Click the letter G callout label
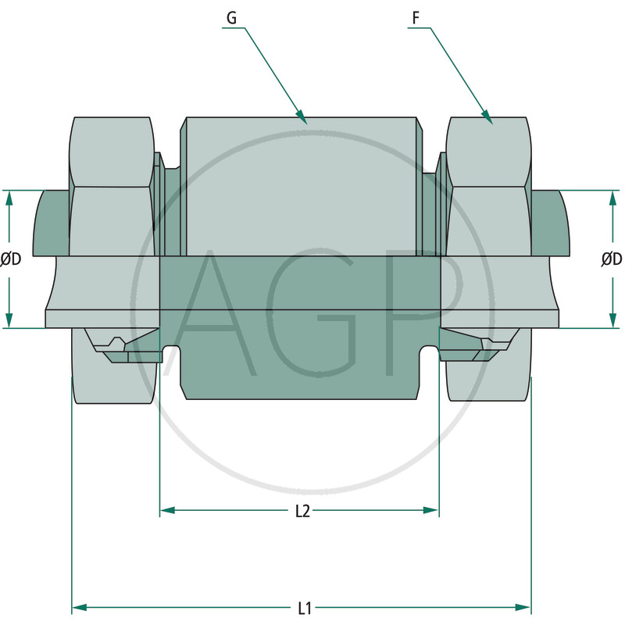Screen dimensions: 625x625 coord(231,18)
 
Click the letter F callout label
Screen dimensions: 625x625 coord(416,18)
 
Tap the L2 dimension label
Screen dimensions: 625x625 coord(302,511)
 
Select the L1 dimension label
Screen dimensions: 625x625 coord(305,609)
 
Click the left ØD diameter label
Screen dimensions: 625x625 coord(11,259)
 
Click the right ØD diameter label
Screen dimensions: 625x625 coord(612,259)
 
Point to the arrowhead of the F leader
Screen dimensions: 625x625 coord(487,116)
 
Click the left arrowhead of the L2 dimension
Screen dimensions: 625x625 coord(167,510)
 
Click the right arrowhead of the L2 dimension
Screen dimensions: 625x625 coord(431,510)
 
